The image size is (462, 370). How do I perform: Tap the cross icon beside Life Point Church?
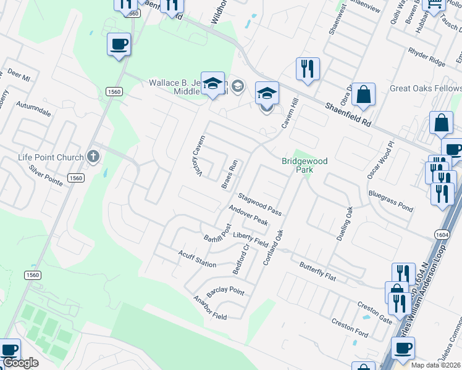coord(93,157)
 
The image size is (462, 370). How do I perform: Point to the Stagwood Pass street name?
coord(260,204)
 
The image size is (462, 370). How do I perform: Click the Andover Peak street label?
coord(248,215)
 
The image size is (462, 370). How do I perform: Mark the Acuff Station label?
coord(197,260)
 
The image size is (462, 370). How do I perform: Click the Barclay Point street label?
coord(225,291)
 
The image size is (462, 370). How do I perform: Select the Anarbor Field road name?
coord(209,308)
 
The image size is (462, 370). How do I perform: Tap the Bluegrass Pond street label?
coord(390,200)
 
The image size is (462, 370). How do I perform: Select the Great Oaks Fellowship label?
coord(426,89)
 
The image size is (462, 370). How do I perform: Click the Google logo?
coord(20,363)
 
